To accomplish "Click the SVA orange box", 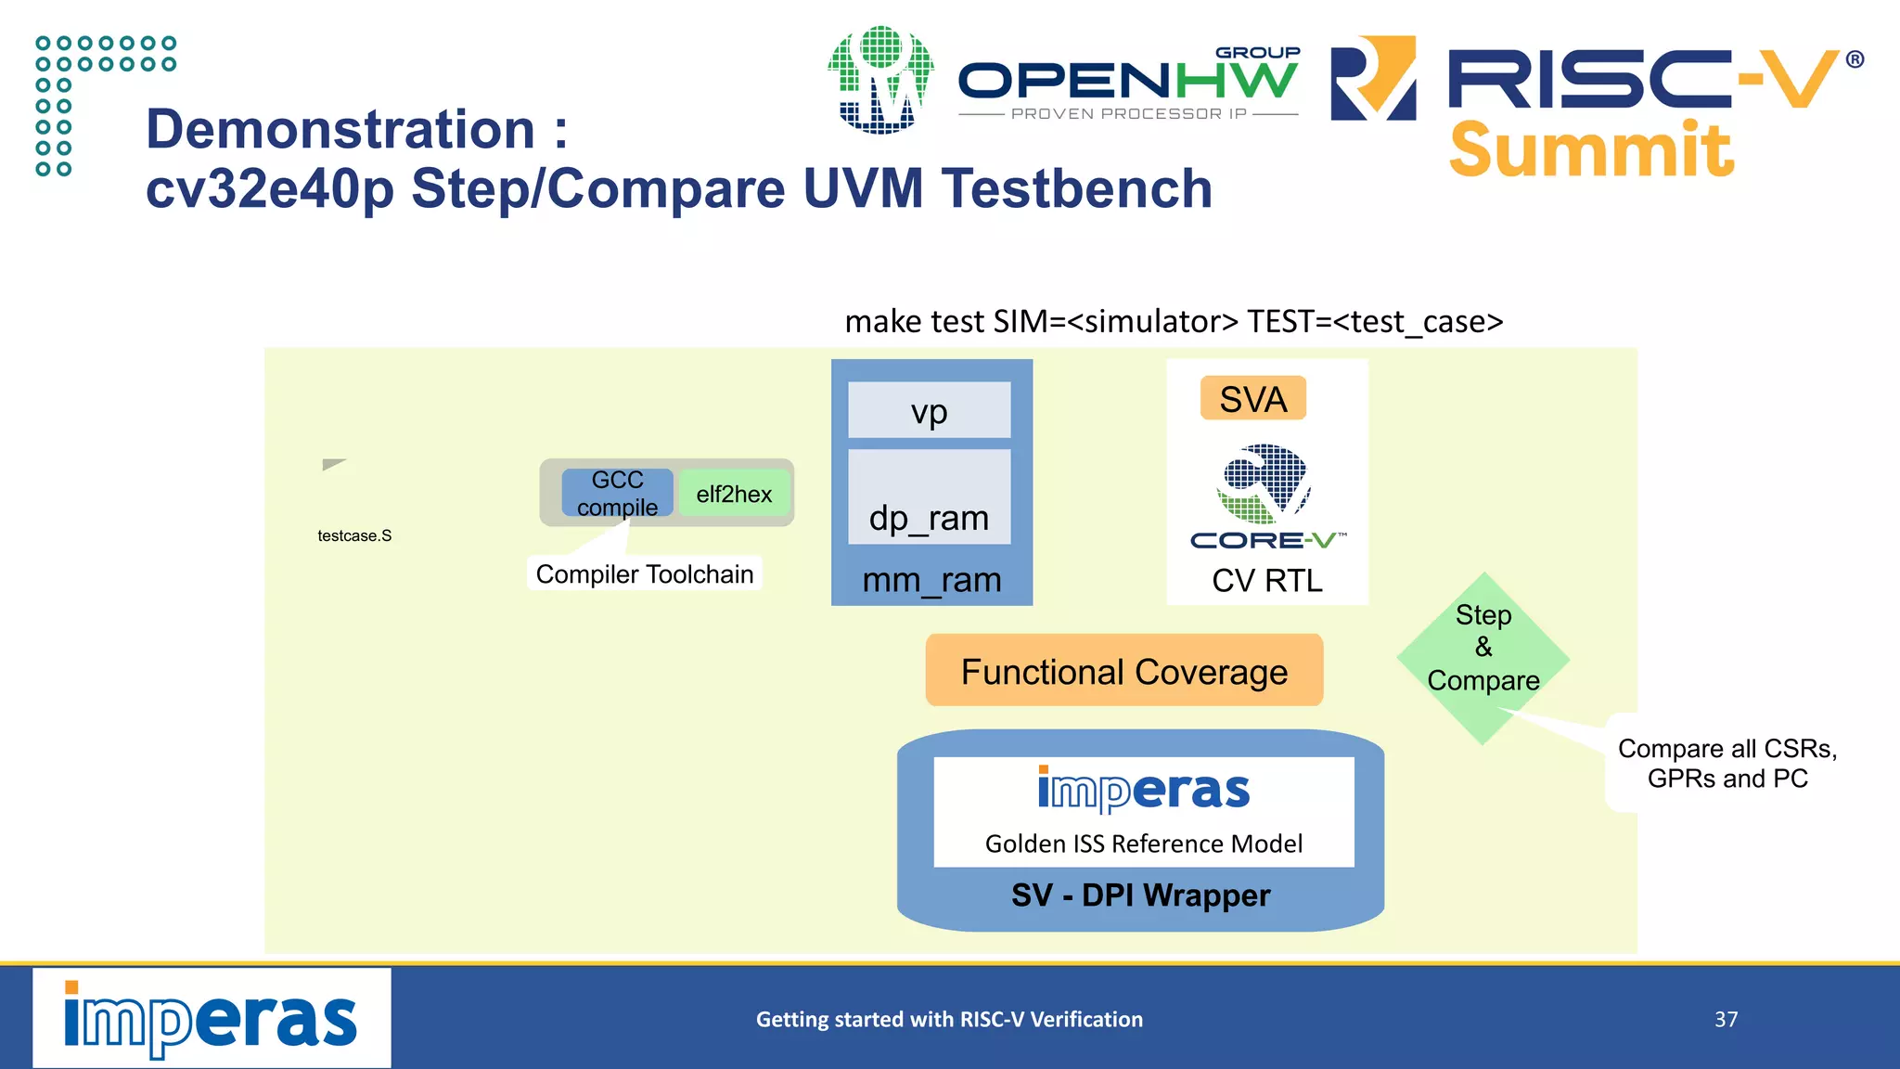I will tap(1252, 399).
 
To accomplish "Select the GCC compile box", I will tap(617, 493).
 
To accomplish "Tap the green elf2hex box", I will tap(734, 494).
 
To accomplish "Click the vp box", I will tap(929, 410).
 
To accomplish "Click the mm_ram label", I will tap(931, 580).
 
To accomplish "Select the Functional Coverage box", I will tap(1123, 671).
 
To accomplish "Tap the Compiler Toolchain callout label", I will tap(644, 573).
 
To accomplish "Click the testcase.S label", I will tap(354, 535).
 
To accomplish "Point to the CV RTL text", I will tap(1266, 581).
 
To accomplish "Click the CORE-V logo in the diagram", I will tap(1265, 496).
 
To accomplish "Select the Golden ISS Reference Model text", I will tap(1143, 844).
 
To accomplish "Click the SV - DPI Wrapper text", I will tap(1140, 895).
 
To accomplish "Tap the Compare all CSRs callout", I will tap(1727, 763).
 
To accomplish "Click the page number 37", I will tap(1726, 1019).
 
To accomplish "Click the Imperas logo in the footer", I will tap(212, 1019).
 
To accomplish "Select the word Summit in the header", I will tap(1590, 150).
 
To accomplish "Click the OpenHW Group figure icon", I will tap(880, 81).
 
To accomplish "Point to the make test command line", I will tap(1173, 321).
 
